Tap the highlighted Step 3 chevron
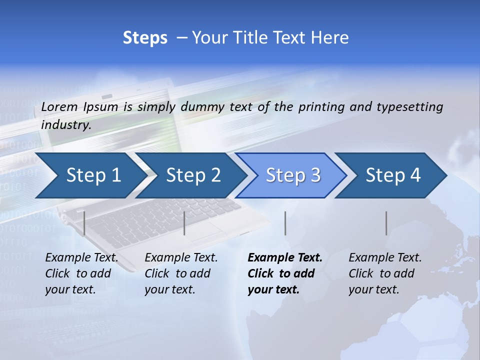click(293, 175)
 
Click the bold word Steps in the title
click(145, 38)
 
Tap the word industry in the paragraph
click(65, 125)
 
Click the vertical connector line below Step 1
click(84, 223)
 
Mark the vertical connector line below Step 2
click(184, 223)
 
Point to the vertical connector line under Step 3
click(285, 223)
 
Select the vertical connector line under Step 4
click(386, 223)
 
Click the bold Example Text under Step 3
click(285, 258)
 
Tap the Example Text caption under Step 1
click(81, 258)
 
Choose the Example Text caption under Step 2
click(181, 258)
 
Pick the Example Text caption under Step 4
click(385, 258)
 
